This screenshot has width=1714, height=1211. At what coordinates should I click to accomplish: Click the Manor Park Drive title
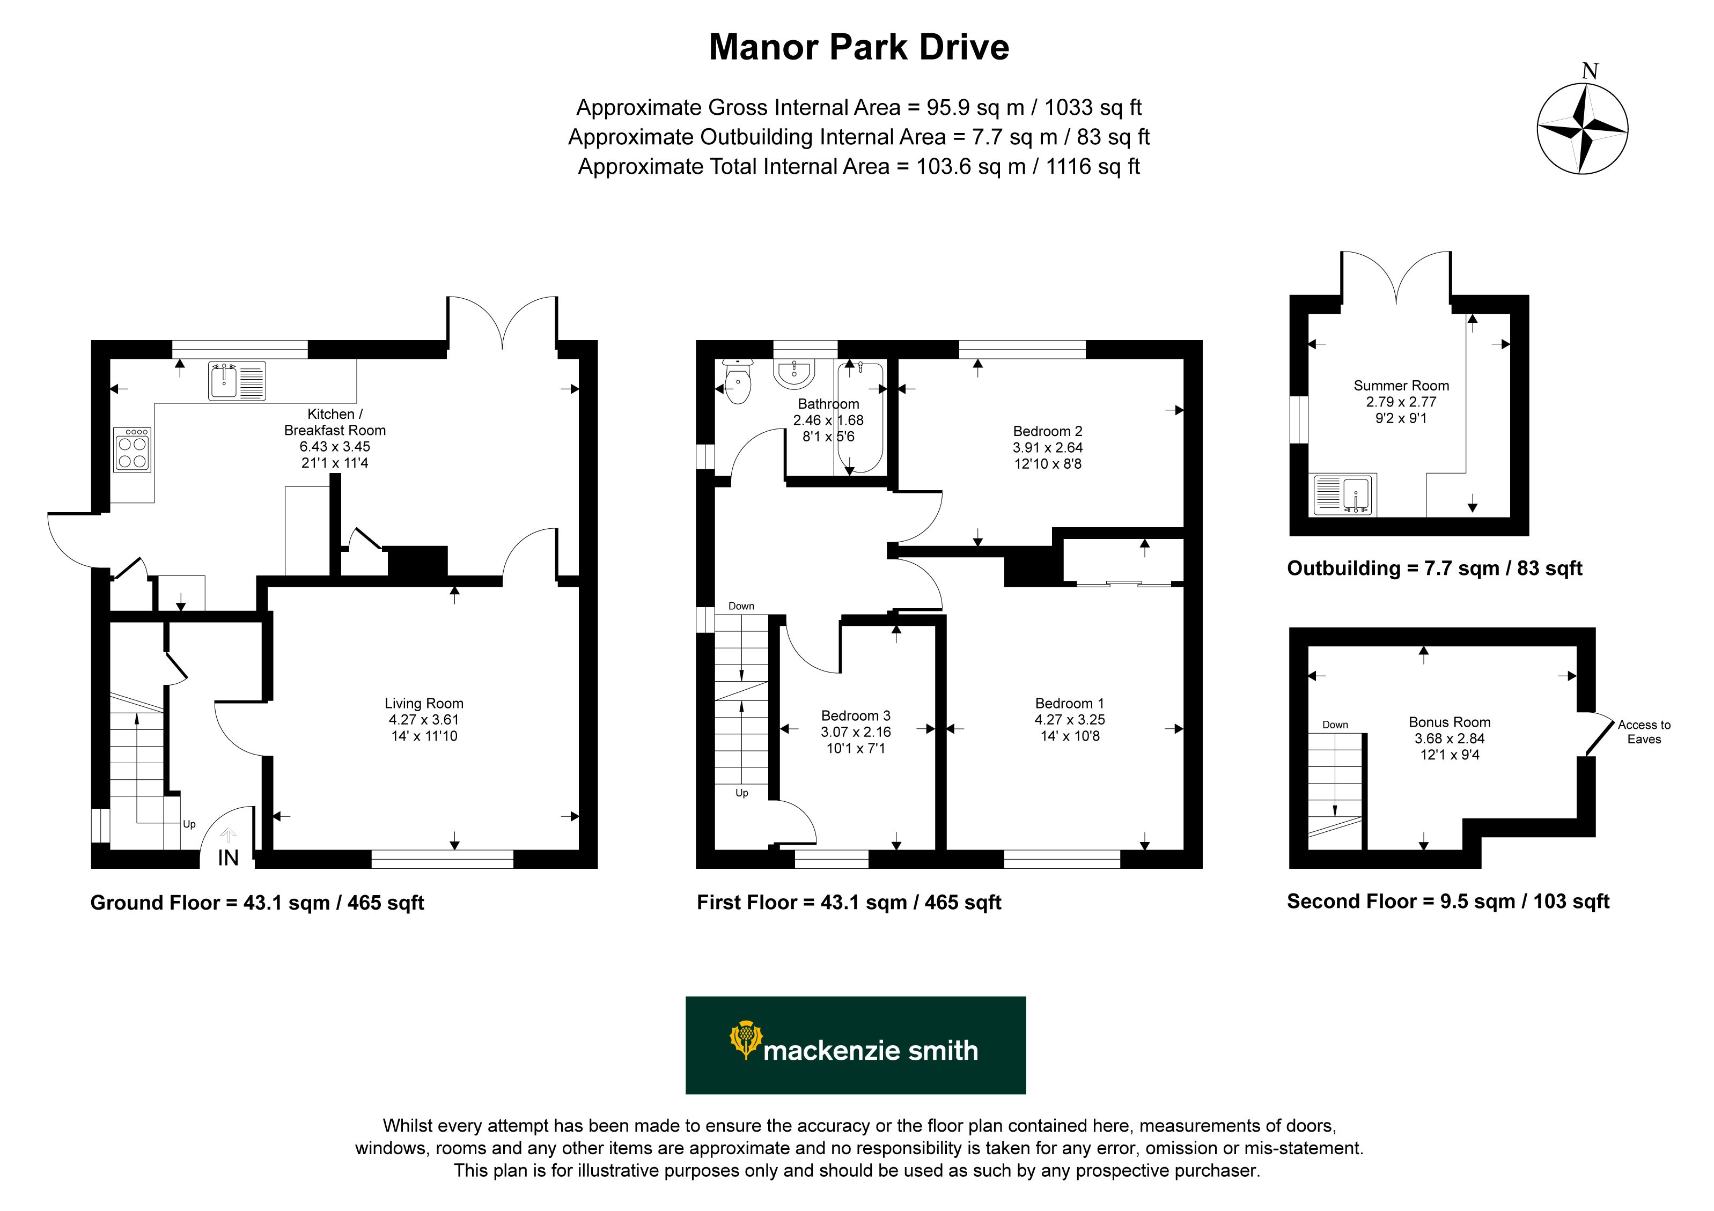coord(858,47)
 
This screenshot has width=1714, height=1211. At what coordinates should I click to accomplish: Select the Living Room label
coord(424,704)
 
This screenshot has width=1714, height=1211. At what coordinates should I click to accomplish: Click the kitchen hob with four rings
coord(132,449)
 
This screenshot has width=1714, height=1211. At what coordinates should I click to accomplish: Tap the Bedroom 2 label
coord(1047,431)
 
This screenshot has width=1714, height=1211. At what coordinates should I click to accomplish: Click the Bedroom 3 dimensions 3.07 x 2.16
coord(856,732)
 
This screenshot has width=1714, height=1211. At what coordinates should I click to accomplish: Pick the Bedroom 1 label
coord(1069,704)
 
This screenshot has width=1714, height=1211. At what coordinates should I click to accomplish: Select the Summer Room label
coord(1401,386)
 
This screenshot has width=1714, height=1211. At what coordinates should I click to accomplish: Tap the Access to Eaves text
coord(1644,732)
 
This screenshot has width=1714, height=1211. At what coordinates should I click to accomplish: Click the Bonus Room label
coord(1449,722)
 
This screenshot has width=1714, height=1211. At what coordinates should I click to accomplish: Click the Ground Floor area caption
coord(257,903)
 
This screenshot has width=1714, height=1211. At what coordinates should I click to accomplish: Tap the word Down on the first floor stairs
coord(741,606)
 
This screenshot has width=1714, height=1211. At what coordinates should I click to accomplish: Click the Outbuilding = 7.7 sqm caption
coord(1434,568)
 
